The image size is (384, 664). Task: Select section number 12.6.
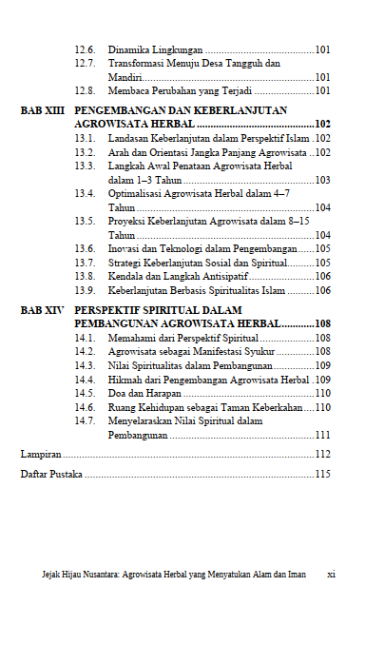point(85,49)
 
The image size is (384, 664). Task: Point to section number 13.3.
point(85,166)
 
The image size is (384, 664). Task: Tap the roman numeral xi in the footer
point(331,575)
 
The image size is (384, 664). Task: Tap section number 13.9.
point(85,290)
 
